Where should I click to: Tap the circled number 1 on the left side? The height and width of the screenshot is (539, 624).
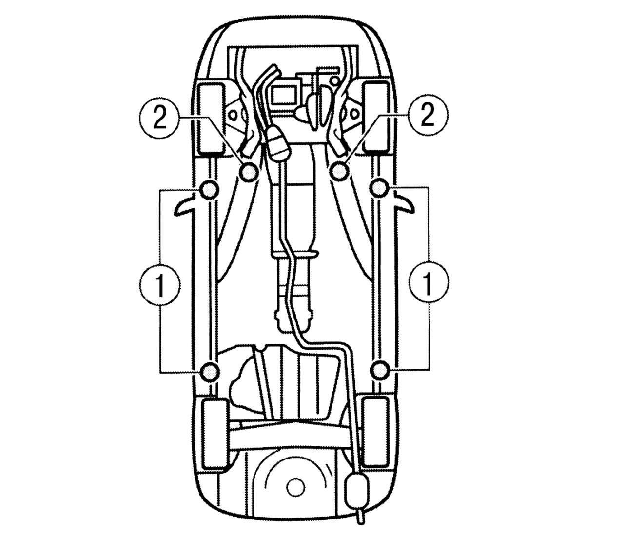click(160, 284)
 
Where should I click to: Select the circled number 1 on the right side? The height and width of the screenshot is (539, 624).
click(429, 282)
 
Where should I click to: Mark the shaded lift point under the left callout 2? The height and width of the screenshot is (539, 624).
click(249, 172)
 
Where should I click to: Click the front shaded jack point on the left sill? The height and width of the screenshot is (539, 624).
click(209, 189)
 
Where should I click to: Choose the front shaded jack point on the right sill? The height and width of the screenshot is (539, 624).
click(379, 189)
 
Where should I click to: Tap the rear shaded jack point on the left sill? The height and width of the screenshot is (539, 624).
click(210, 371)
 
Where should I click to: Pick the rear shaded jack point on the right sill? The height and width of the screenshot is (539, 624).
click(380, 370)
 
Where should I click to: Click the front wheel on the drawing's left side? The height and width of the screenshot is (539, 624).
click(211, 119)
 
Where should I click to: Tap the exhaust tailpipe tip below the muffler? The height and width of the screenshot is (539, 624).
click(360, 521)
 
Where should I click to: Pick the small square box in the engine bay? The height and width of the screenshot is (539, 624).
click(284, 94)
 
